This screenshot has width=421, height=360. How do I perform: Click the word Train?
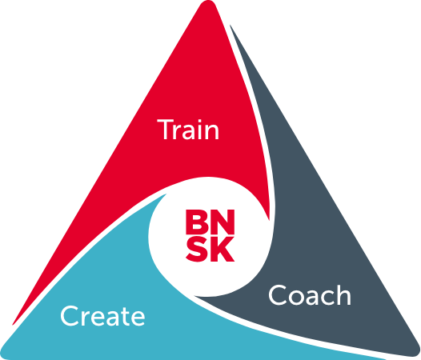click(x=188, y=130)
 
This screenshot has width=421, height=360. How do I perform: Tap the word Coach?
click(x=310, y=295)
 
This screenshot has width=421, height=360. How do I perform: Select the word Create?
click(x=102, y=316)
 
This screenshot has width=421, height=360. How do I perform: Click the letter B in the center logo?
click(x=197, y=222)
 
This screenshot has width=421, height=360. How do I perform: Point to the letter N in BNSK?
click(x=223, y=222)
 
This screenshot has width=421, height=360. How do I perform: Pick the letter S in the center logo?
click(x=197, y=250)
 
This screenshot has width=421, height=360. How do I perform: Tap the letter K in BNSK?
click(x=223, y=250)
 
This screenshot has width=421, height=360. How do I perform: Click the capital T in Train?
click(x=166, y=130)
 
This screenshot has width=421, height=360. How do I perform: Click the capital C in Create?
click(x=70, y=316)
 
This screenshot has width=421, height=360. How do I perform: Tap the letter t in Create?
click(x=122, y=317)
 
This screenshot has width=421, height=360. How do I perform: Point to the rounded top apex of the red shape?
click(x=208, y=2)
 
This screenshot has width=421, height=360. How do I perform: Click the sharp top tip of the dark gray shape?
click(x=230, y=25)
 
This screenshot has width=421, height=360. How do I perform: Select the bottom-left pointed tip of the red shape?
click(x=13, y=325)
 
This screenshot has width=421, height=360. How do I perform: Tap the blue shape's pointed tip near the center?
click(x=166, y=194)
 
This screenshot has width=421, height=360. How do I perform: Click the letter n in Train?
click(x=210, y=132)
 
